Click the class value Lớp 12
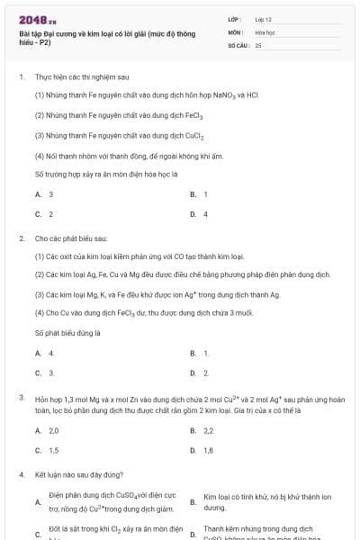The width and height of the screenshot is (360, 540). click(264, 18)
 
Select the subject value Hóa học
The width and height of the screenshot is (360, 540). click(265, 31)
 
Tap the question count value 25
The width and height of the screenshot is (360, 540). click(258, 44)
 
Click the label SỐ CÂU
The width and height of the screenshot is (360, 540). click(238, 44)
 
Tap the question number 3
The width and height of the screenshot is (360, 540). click(21, 397)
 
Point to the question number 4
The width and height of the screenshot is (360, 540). click(21, 474)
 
